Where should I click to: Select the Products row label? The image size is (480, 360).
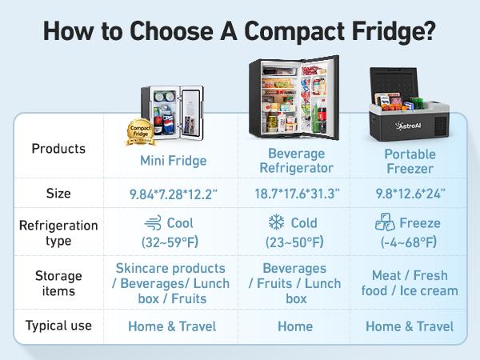tap(58, 149)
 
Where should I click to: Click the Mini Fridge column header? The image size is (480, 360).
tap(174, 160)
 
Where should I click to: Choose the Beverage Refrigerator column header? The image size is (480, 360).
tap(296, 160)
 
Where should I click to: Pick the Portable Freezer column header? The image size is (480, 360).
tap(410, 160)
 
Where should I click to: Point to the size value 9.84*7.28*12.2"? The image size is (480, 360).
tap(174, 194)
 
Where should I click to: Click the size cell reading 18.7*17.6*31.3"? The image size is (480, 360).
tap(296, 194)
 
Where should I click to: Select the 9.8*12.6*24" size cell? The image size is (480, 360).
tap(410, 194)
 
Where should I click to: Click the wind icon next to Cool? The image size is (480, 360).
tap(152, 223)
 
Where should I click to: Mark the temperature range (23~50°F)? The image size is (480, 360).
tap(296, 242)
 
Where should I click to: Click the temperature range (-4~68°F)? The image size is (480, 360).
tap(410, 242)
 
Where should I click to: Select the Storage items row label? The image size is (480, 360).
tap(58, 284)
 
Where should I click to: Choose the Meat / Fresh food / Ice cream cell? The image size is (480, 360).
tap(410, 283)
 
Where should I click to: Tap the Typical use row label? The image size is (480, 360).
tap(58, 326)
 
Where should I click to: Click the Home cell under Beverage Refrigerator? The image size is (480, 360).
tap(296, 326)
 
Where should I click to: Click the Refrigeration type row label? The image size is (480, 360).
tap(58, 233)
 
